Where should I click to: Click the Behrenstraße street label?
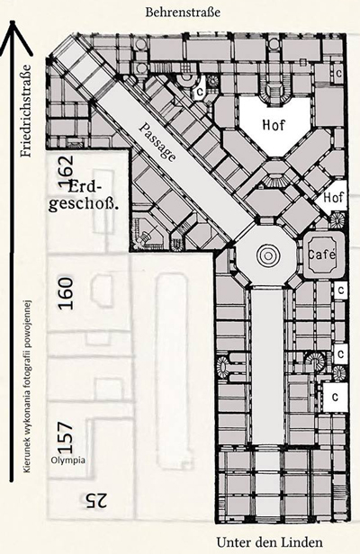click(183, 13)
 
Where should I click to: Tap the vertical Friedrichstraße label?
click(26, 111)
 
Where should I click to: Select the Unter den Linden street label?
click(269, 542)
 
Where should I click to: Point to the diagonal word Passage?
click(157, 142)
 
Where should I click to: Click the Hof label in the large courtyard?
click(274, 125)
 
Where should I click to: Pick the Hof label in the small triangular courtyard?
click(334, 198)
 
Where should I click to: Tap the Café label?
click(322, 254)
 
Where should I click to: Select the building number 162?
click(66, 172)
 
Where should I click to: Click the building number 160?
click(66, 293)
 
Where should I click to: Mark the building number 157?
click(66, 437)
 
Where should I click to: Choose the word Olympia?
click(67, 460)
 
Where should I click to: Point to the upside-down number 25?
click(94, 500)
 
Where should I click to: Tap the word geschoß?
click(84, 205)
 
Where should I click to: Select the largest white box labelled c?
click(335, 398)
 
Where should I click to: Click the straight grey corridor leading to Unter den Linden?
click(267, 366)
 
